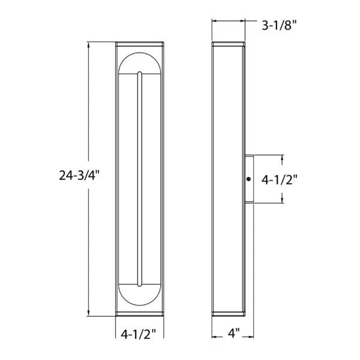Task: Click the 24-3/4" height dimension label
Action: pos(79,176)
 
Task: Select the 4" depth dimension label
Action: pos(235,333)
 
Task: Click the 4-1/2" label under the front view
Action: pos(139,334)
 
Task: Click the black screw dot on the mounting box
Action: pos(248,179)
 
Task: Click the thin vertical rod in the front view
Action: pos(140,179)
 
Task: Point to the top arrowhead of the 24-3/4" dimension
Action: pos(89,45)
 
